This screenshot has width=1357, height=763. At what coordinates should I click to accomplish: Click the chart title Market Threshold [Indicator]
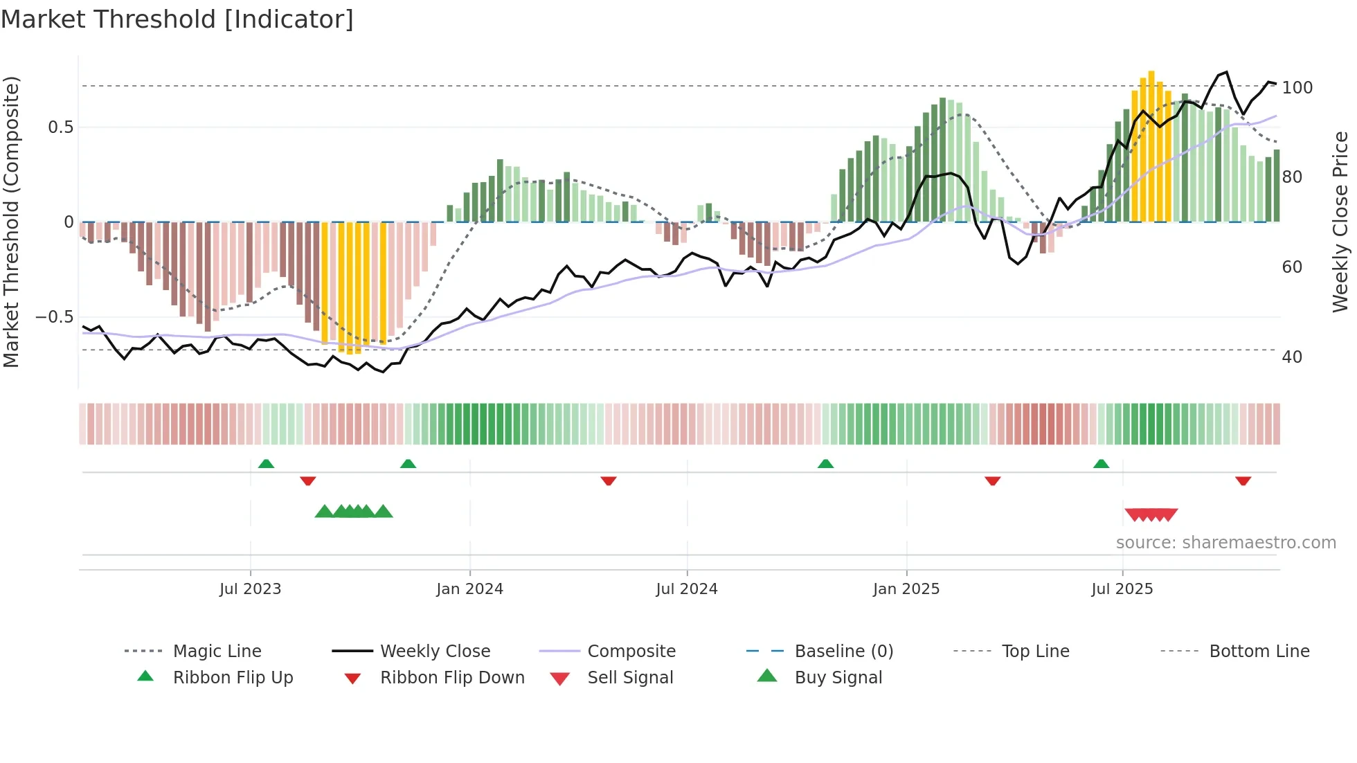click(x=177, y=19)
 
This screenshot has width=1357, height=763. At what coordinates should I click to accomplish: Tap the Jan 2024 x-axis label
click(x=469, y=589)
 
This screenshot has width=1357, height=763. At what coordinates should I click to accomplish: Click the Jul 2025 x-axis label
click(x=1122, y=589)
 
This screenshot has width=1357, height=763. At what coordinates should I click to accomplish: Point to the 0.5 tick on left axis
click(x=61, y=127)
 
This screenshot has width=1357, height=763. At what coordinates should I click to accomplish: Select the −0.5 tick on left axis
click(x=55, y=317)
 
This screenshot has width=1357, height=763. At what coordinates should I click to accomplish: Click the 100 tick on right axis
click(x=1297, y=88)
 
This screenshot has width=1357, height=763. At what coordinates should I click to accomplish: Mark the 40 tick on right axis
click(x=1292, y=357)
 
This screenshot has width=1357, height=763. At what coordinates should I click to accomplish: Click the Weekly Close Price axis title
click(x=1340, y=222)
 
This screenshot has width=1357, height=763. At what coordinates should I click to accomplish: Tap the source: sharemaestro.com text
click(x=1225, y=543)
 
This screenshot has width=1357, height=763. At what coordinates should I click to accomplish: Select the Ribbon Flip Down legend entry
click(x=451, y=677)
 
